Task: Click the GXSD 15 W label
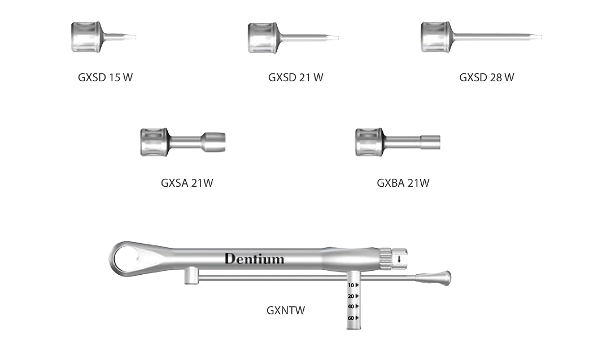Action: point(105,77)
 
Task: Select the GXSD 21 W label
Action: point(295,77)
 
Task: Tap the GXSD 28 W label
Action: point(486,77)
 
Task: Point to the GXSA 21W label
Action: point(187,183)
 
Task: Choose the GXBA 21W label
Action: point(403,183)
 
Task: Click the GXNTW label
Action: point(286,310)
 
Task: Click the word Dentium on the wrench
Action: point(254,259)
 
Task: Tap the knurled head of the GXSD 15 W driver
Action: point(86,37)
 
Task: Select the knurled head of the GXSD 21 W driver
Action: point(263,37)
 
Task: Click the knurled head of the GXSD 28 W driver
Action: point(435,37)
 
